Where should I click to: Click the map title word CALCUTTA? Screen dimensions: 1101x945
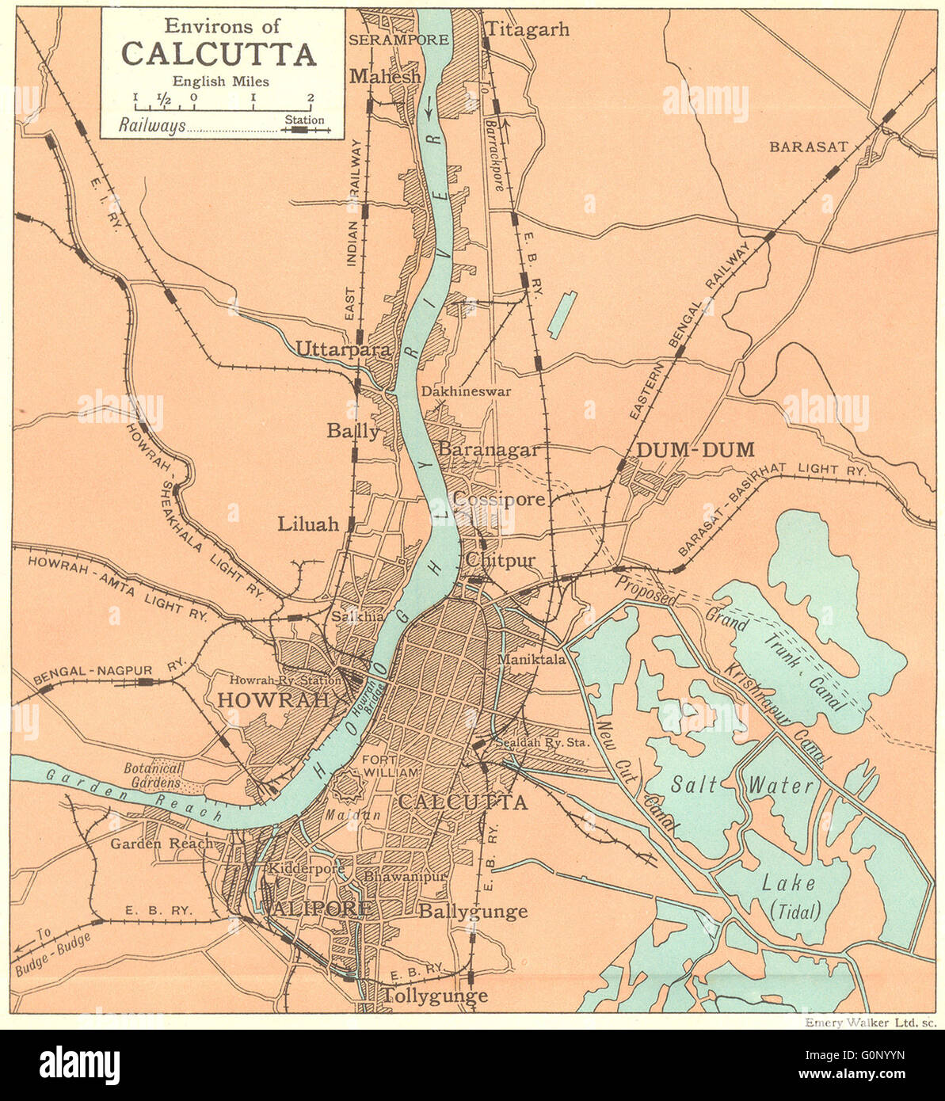point(219,54)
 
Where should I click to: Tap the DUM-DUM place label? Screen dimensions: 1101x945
point(695,450)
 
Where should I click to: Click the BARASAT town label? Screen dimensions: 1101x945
point(809,147)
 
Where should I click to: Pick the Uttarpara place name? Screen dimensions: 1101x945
point(332,349)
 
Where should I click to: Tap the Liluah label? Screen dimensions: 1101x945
point(307,524)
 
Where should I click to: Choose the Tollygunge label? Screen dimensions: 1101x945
point(435,996)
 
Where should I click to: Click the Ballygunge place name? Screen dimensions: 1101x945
point(473,911)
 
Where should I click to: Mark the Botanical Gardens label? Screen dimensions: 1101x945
point(154,775)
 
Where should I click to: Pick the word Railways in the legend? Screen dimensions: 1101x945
point(152,125)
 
